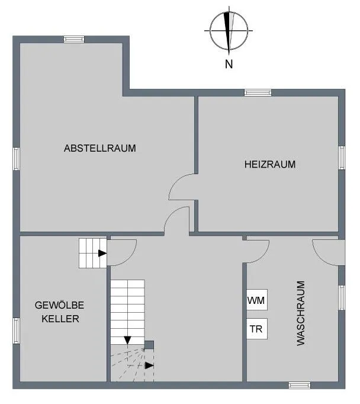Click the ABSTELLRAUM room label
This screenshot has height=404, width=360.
tap(100, 148)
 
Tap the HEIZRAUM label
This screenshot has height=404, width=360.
tap(270, 164)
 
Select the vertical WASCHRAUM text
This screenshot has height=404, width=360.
tap(301, 313)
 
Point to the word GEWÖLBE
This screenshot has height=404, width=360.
tap(59, 305)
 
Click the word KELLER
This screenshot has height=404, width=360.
tap(60, 319)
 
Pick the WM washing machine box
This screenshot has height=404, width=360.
tap(257, 299)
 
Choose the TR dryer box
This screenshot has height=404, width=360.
tap(257, 329)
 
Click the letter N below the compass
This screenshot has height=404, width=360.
tap(229, 64)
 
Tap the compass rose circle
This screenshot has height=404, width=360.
tap(229, 12)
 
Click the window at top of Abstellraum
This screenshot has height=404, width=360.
tap(74, 39)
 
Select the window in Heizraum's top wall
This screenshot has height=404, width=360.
tap(258, 92)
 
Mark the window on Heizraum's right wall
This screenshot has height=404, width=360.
tap(342, 158)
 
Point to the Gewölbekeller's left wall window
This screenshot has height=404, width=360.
tap(16, 331)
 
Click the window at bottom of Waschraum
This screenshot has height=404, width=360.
tap(300, 385)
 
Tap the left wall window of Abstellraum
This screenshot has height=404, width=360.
tap(16, 159)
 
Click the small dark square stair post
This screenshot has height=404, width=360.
tap(149, 345)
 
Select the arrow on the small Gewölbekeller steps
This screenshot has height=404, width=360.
tap(102, 254)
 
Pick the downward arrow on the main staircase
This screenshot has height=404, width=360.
tap(127, 340)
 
